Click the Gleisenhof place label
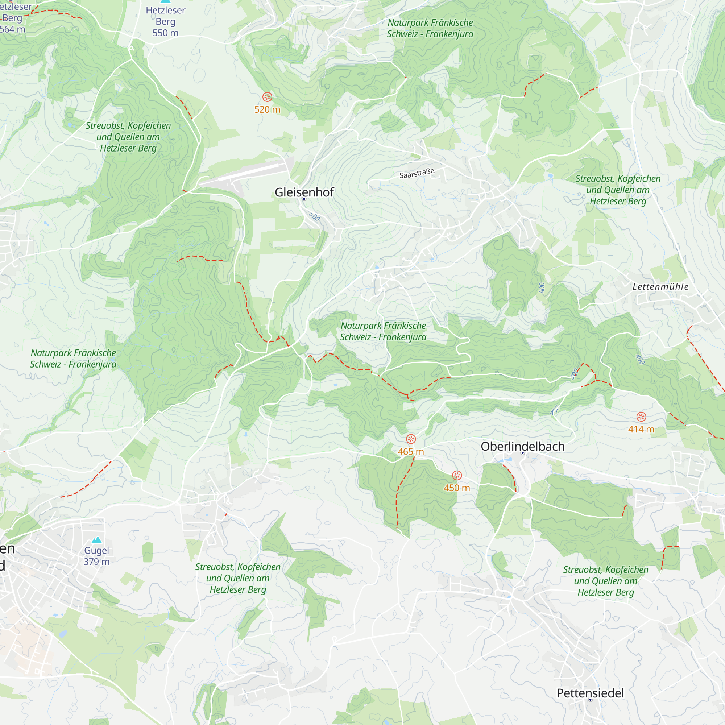tap(304, 192)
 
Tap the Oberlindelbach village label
tap(522, 446)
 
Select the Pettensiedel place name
tap(590, 693)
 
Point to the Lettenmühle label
tap(660, 287)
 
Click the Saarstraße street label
tap(417, 173)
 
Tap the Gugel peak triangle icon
tap(97, 540)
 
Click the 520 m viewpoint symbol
tap(267, 97)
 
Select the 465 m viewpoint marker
tap(411, 439)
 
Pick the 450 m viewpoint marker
tap(457, 476)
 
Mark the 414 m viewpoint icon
tap(641, 417)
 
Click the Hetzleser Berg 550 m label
tap(166, 21)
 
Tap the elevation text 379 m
tap(96, 562)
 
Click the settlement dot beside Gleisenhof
tap(304, 199)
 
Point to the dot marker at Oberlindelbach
tap(522, 453)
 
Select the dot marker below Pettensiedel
tap(590, 700)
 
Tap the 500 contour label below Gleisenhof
tap(314, 216)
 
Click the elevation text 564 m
tap(12, 29)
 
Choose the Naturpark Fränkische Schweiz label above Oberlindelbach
tap(383, 331)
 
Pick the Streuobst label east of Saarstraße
tap(618, 190)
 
